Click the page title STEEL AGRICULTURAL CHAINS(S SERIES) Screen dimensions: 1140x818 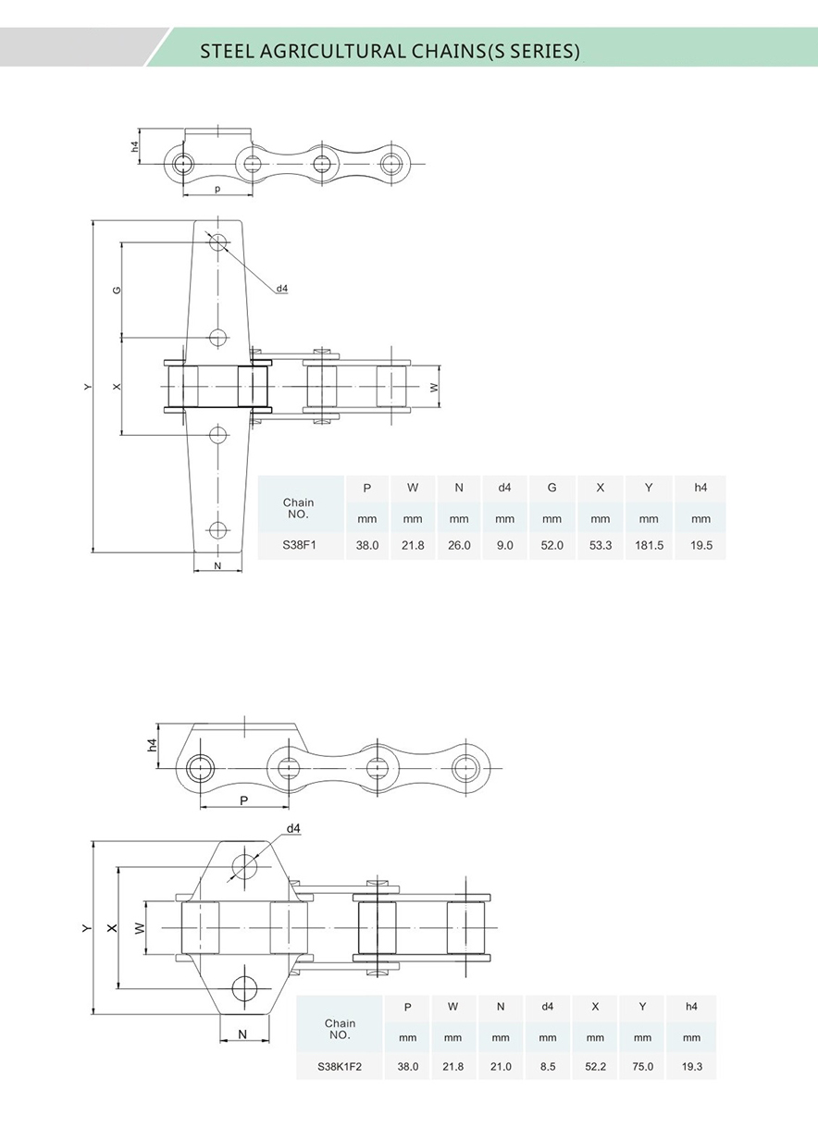coord(390,51)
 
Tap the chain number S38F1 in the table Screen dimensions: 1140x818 coord(299,546)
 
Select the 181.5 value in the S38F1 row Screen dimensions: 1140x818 coord(649,546)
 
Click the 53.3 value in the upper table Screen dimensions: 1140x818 coord(601,546)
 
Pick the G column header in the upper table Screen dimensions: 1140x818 coord(552,488)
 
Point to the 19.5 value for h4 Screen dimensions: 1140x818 coord(701,546)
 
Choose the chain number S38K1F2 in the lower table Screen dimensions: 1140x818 coord(340,1066)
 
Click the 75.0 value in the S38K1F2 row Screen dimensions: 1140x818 coord(643,1066)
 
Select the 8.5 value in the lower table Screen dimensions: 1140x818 coord(548,1066)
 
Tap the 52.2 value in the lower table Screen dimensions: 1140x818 coord(595,1066)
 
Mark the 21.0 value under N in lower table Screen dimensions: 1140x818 coord(501,1066)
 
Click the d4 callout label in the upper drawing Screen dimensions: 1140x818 coord(281,289)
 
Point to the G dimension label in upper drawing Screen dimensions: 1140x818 coord(118,290)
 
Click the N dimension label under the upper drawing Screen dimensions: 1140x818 coord(217,565)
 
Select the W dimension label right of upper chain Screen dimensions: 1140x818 coord(435,387)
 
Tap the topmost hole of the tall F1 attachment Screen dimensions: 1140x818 coord(217,243)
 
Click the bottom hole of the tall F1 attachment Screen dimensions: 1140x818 coord(217,530)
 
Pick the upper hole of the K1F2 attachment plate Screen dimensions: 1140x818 coord(245,867)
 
